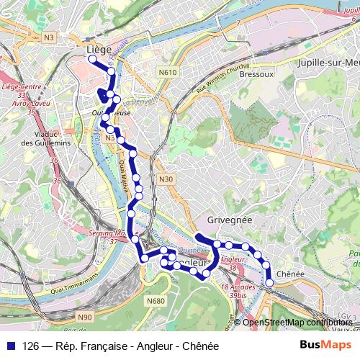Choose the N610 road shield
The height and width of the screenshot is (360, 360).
point(168,72)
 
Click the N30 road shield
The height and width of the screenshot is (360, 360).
point(166,179)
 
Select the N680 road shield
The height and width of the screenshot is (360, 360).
point(156,300)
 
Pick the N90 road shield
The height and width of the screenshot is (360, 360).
point(85,317)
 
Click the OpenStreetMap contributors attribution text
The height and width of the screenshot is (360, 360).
point(297,322)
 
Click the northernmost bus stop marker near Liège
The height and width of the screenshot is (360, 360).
point(92,60)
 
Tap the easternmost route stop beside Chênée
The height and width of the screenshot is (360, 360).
point(269,283)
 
